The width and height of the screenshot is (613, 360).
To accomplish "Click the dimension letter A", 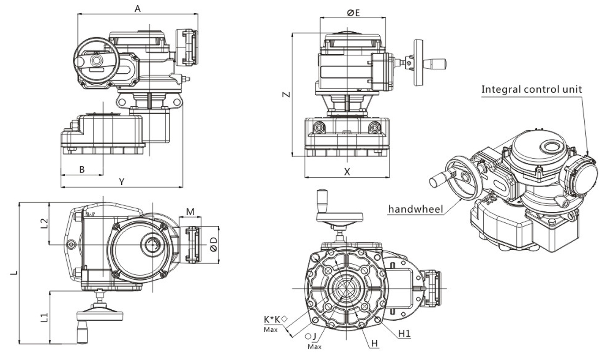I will pos(138,8).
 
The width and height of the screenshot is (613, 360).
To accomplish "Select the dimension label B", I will pos(82,169).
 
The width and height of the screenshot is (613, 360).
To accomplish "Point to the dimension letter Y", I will pos(122,181).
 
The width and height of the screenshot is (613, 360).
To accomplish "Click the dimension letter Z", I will pos(286,94).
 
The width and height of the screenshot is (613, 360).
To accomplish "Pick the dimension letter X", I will pos(347,172).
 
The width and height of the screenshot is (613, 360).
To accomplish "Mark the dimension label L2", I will pos(44,223).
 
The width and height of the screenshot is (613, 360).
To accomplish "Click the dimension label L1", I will pos(44,317).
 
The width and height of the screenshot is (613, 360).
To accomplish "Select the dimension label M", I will pos(190,212).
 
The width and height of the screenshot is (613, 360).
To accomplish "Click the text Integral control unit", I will pos(531,89).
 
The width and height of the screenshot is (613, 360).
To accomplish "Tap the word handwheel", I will pos(415,209).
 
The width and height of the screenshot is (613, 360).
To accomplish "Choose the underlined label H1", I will pos(404,334).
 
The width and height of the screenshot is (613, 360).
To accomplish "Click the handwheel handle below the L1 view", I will pos(82,334).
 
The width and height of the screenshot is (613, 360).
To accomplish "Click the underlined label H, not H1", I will pos(374,343).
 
